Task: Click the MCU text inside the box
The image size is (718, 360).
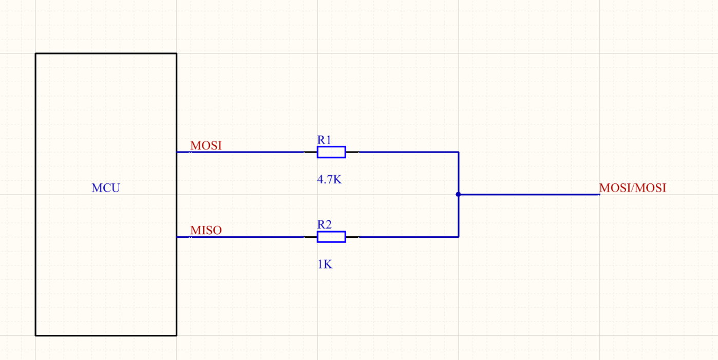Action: tap(106, 188)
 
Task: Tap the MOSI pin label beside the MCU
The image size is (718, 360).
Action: tap(206, 145)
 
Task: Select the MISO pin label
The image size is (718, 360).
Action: tap(206, 230)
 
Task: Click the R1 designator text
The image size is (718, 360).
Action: tap(324, 140)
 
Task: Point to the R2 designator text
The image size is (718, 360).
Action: tap(324, 224)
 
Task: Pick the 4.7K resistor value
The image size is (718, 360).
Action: tap(329, 180)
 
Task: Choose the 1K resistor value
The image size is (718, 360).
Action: tap(325, 264)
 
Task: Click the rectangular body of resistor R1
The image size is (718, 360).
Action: tap(331, 152)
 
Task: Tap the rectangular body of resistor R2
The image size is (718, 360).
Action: tap(331, 237)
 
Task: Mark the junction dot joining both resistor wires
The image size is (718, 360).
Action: tap(458, 195)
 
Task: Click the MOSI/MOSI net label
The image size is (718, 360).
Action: tap(632, 188)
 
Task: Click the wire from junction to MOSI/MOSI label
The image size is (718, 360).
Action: tap(529, 195)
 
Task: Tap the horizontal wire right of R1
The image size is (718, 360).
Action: tap(408, 152)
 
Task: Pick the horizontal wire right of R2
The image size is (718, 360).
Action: tap(408, 237)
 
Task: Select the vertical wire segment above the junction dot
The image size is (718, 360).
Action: tap(458, 173)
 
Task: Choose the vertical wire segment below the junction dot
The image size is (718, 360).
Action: tap(458, 216)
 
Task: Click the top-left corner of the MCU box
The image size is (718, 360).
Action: tap(35, 53)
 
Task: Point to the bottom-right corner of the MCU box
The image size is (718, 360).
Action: tap(176, 335)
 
